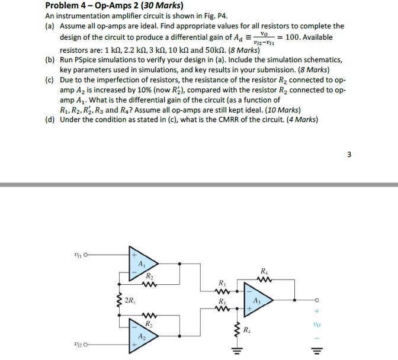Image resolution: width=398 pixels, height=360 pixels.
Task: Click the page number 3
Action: pos(349,155)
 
